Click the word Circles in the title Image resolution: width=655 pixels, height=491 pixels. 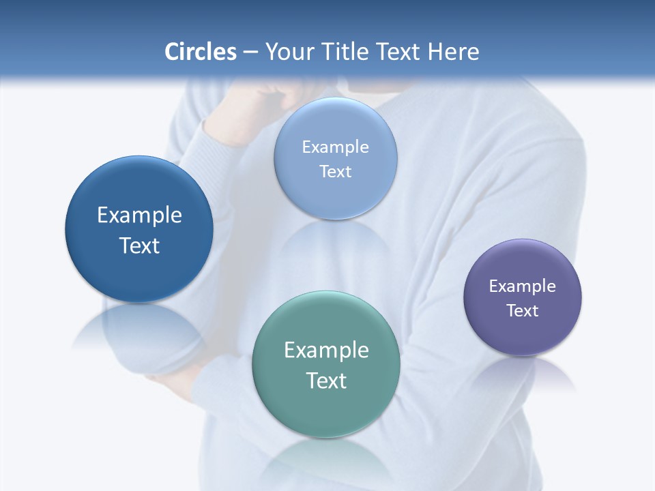pyautogui.click(x=201, y=52)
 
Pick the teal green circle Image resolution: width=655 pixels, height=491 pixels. pyautogui.click(x=326, y=409)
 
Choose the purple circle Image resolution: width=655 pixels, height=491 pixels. pyautogui.click(x=523, y=334)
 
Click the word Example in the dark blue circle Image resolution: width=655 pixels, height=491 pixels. pyautogui.click(x=139, y=215)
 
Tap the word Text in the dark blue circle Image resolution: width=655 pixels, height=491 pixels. pyautogui.click(x=139, y=245)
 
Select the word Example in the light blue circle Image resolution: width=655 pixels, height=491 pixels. pyautogui.click(x=335, y=147)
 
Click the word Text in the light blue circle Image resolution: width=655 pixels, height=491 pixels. pyautogui.click(x=335, y=171)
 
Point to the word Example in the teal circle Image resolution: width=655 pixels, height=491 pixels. pyautogui.click(x=326, y=351)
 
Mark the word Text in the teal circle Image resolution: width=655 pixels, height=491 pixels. pyautogui.click(x=326, y=381)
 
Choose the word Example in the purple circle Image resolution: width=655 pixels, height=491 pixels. pyautogui.click(x=523, y=286)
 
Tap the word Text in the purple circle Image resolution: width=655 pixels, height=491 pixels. pyautogui.click(x=523, y=310)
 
